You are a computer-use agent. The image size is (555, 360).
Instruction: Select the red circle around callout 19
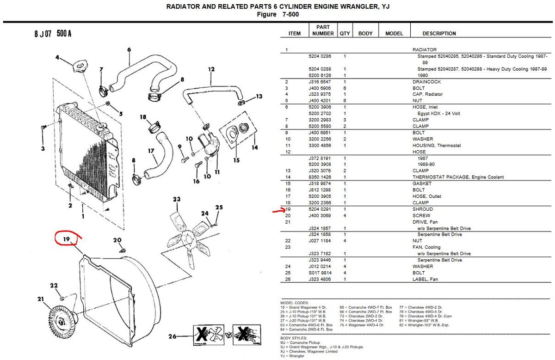click(x=68, y=239)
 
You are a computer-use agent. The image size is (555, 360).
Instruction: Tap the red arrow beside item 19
click(x=279, y=211)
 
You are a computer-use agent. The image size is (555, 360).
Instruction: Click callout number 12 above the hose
click(x=211, y=70)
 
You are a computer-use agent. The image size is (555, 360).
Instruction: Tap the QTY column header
click(x=345, y=33)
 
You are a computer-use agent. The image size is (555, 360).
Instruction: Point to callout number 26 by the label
click(x=172, y=337)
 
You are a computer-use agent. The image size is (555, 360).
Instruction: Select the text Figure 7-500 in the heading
click(x=278, y=14)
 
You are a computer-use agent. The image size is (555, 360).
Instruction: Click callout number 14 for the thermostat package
click(x=254, y=148)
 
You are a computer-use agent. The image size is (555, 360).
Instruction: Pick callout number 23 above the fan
click(x=176, y=199)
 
